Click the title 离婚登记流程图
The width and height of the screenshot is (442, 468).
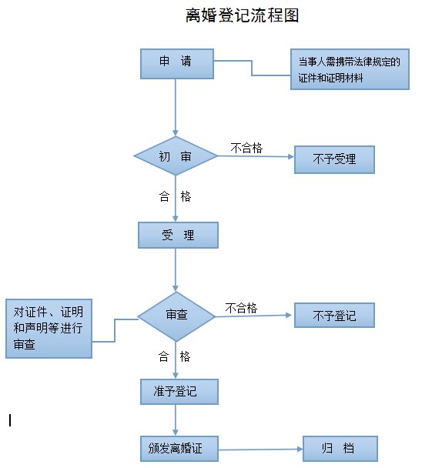[x=243, y=15]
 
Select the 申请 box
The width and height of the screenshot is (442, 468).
[x=177, y=64]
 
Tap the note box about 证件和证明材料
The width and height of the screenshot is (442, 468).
[x=350, y=69]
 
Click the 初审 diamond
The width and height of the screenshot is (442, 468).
[x=176, y=155]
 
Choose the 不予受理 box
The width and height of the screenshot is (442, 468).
[x=334, y=159]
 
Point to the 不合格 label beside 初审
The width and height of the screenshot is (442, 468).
[x=246, y=148]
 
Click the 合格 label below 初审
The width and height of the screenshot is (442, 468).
[x=175, y=197]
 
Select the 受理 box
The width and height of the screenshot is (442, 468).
[x=179, y=235]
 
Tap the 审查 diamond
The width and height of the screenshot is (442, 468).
[x=176, y=316]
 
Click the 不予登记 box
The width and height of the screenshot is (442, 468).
[x=334, y=316]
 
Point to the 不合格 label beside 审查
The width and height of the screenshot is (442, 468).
[x=241, y=308]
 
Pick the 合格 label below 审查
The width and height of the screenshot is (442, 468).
[x=174, y=356]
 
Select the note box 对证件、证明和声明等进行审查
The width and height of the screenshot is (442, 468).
[x=49, y=329]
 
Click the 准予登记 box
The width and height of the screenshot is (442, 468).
[x=179, y=392]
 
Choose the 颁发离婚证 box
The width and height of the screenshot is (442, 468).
[x=179, y=449]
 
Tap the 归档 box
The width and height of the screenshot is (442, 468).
[x=340, y=449]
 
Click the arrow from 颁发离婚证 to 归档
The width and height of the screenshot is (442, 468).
[x=261, y=450]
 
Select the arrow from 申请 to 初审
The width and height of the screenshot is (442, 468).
[x=176, y=108]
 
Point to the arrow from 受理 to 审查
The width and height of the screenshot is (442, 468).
[x=176, y=270]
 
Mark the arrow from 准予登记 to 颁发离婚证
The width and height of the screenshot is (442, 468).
[x=176, y=420]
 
